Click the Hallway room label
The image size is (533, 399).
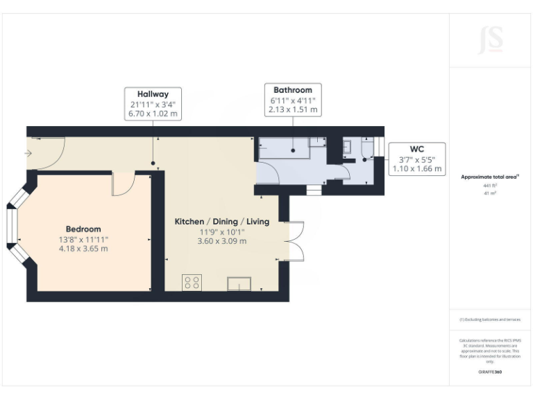[x=153, y=94]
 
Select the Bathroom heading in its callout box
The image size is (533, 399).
[x=292, y=90]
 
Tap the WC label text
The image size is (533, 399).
[x=416, y=149]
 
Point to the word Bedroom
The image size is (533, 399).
[x=83, y=229]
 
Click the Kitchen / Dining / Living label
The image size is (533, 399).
[x=221, y=222]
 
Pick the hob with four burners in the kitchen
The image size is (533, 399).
[x=192, y=283]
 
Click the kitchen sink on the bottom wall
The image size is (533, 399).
[x=239, y=283]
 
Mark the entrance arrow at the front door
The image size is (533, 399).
[x=28, y=153]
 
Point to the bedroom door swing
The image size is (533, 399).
[x=122, y=184]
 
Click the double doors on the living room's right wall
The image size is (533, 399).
[x=296, y=242]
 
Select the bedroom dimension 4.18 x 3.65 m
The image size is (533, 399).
[x=83, y=249]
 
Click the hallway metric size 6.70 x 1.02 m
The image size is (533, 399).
[x=153, y=114]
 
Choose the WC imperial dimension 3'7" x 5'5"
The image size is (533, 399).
[x=416, y=159]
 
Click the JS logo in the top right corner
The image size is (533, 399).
[x=490, y=40]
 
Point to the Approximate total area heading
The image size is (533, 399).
[x=489, y=177]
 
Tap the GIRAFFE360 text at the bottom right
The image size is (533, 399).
[x=490, y=372]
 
